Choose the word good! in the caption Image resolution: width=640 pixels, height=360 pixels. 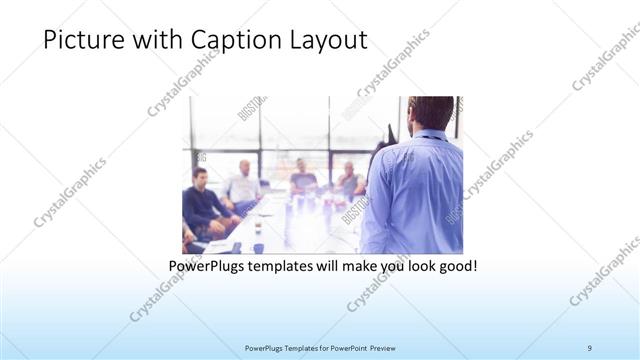[x=456, y=267]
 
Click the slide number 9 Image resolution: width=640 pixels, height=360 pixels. [x=590, y=348]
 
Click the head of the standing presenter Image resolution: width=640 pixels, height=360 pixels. [x=430, y=112]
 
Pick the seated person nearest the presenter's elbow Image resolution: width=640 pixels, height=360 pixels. [x=350, y=180]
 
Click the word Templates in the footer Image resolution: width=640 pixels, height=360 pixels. [x=290, y=348]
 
